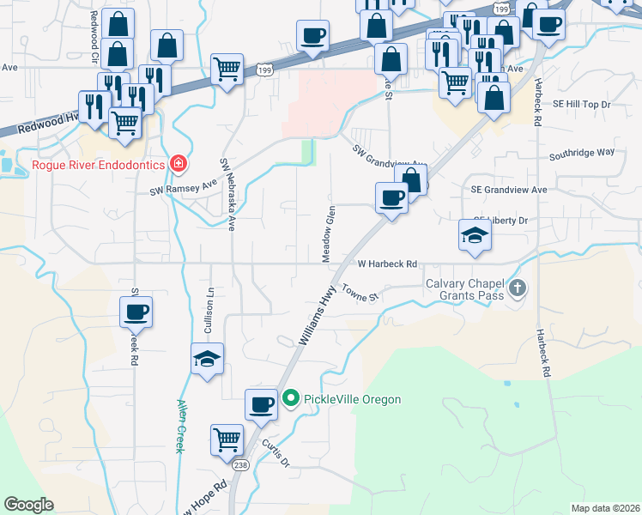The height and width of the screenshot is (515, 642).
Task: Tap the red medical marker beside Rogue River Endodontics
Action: (x=178, y=162)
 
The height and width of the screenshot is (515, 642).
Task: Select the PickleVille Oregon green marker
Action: (x=291, y=398)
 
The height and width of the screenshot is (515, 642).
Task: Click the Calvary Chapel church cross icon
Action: (x=517, y=288)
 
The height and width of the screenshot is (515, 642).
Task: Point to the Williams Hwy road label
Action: (x=317, y=317)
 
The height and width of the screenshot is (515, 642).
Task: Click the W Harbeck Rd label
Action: (x=387, y=264)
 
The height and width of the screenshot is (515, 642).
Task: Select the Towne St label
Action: (x=360, y=293)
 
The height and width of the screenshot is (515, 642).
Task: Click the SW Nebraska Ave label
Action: (x=227, y=195)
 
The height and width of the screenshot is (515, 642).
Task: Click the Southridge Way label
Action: (x=582, y=152)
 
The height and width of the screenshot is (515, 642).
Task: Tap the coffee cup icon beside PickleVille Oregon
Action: (x=261, y=404)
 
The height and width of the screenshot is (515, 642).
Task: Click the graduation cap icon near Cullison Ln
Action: (x=207, y=359)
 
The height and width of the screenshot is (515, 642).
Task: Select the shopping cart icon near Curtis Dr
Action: (x=227, y=440)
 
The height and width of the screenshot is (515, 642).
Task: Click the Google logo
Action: (x=29, y=505)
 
